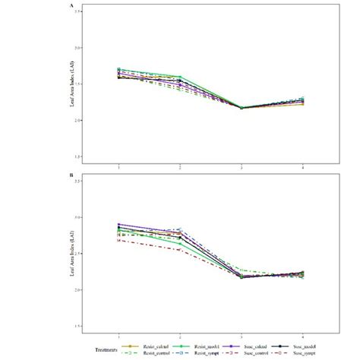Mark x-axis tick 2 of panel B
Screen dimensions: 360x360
pos(180,336)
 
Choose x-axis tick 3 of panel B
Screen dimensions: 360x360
pos(242,336)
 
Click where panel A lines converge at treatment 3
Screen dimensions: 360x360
pos(242,108)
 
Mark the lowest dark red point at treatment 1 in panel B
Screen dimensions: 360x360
pos(118,241)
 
